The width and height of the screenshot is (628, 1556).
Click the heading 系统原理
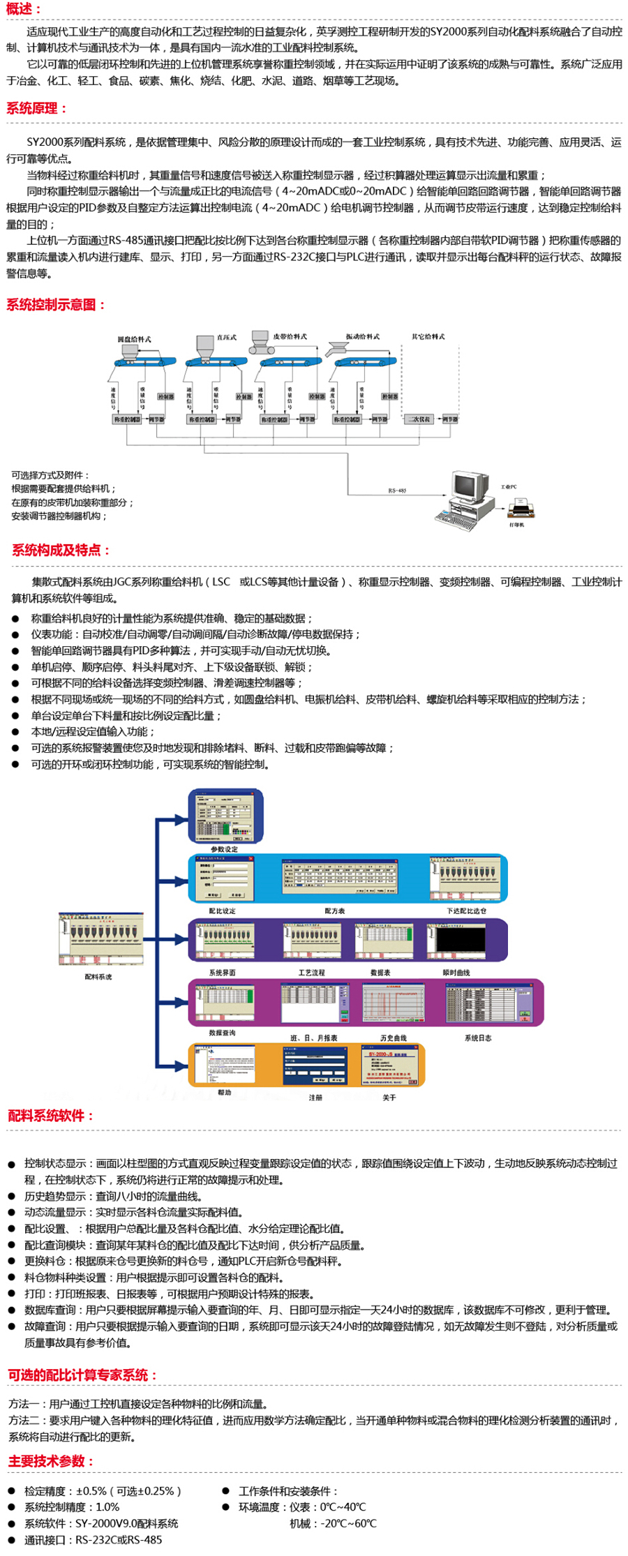click(36, 108)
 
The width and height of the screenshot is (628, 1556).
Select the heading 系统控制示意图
click(56, 304)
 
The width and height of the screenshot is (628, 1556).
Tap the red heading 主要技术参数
click(51, 1461)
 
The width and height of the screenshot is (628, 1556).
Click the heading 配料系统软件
click(50, 1116)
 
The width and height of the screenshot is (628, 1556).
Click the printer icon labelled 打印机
click(520, 509)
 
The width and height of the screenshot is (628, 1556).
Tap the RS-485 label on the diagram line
click(397, 491)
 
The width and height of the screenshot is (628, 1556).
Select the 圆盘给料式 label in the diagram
click(134, 339)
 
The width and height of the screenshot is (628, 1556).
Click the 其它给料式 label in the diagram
click(428, 336)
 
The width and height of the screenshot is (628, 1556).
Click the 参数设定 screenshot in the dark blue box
click(225, 816)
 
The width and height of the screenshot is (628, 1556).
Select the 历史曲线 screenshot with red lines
click(393, 1003)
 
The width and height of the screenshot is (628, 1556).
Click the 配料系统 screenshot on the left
click(100, 938)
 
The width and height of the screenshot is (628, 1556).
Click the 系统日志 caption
click(477, 1038)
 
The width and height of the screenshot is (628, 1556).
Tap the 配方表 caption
click(334, 911)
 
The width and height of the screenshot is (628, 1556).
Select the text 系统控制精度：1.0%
click(71, 1507)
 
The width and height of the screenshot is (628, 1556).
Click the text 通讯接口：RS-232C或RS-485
click(93, 1540)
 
